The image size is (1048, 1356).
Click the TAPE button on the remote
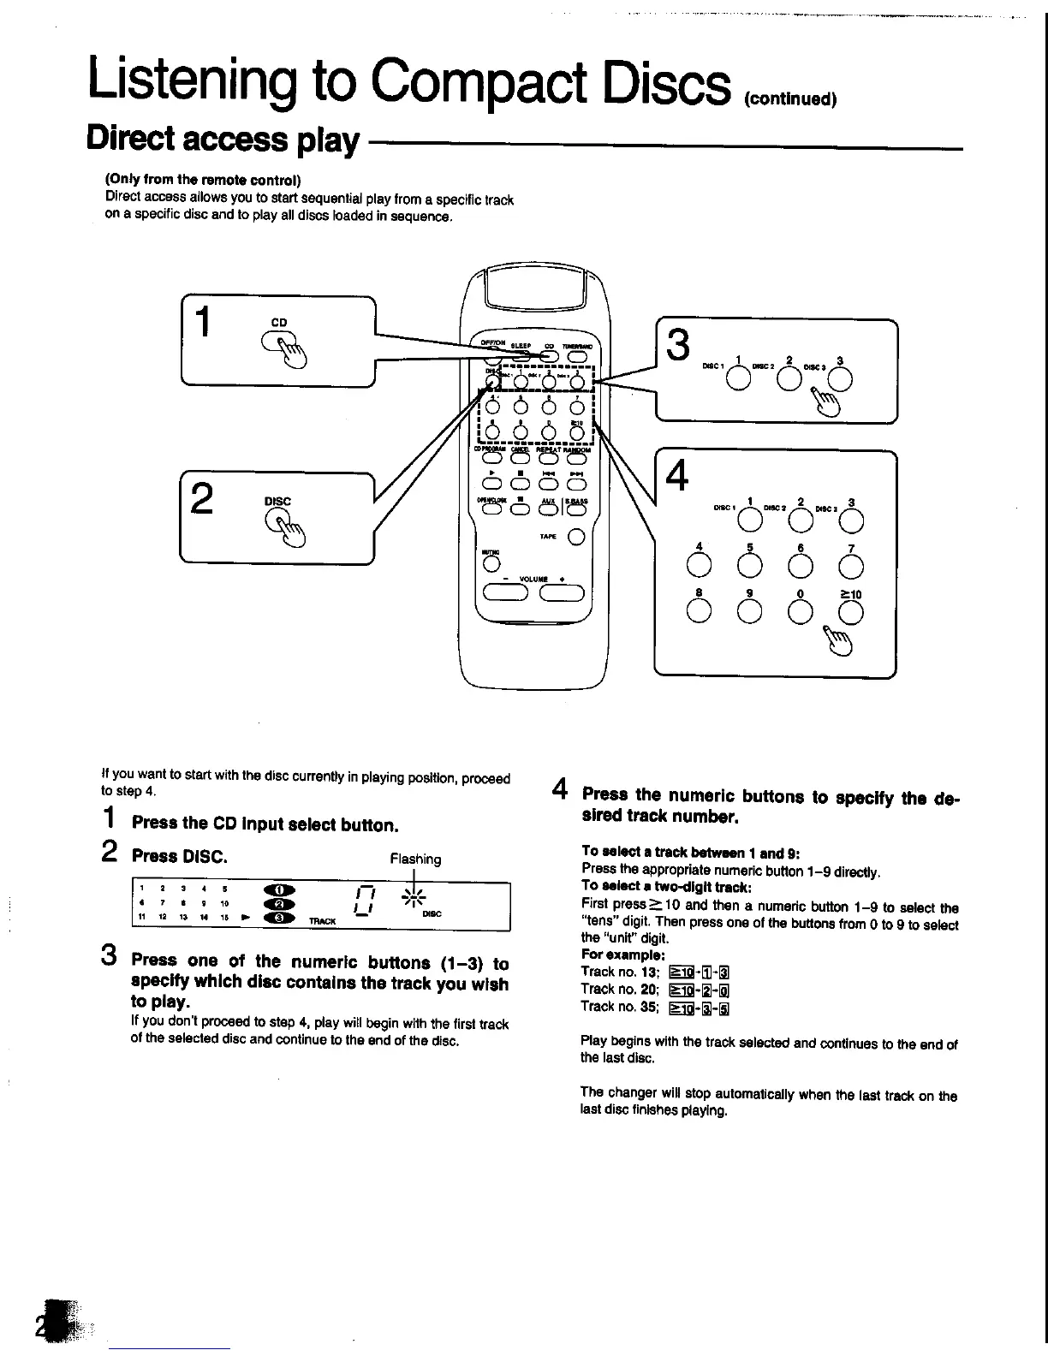575,537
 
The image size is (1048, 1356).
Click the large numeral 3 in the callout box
678,346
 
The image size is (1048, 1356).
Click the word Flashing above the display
415,859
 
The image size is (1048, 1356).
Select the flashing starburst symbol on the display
416,897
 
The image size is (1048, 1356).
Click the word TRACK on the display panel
322,921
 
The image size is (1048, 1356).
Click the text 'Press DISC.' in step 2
179,856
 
